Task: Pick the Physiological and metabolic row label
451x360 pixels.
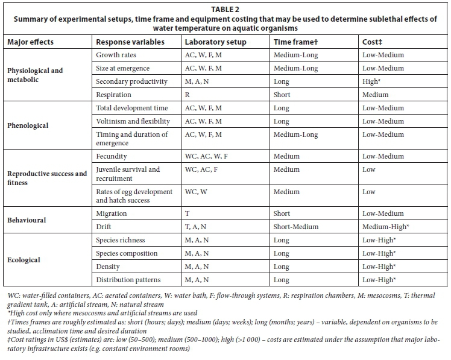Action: tap(35, 75)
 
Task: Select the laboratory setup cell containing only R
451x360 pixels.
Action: tap(188, 95)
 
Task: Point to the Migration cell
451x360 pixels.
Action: tap(112, 213)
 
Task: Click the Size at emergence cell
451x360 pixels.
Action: tap(123, 68)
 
